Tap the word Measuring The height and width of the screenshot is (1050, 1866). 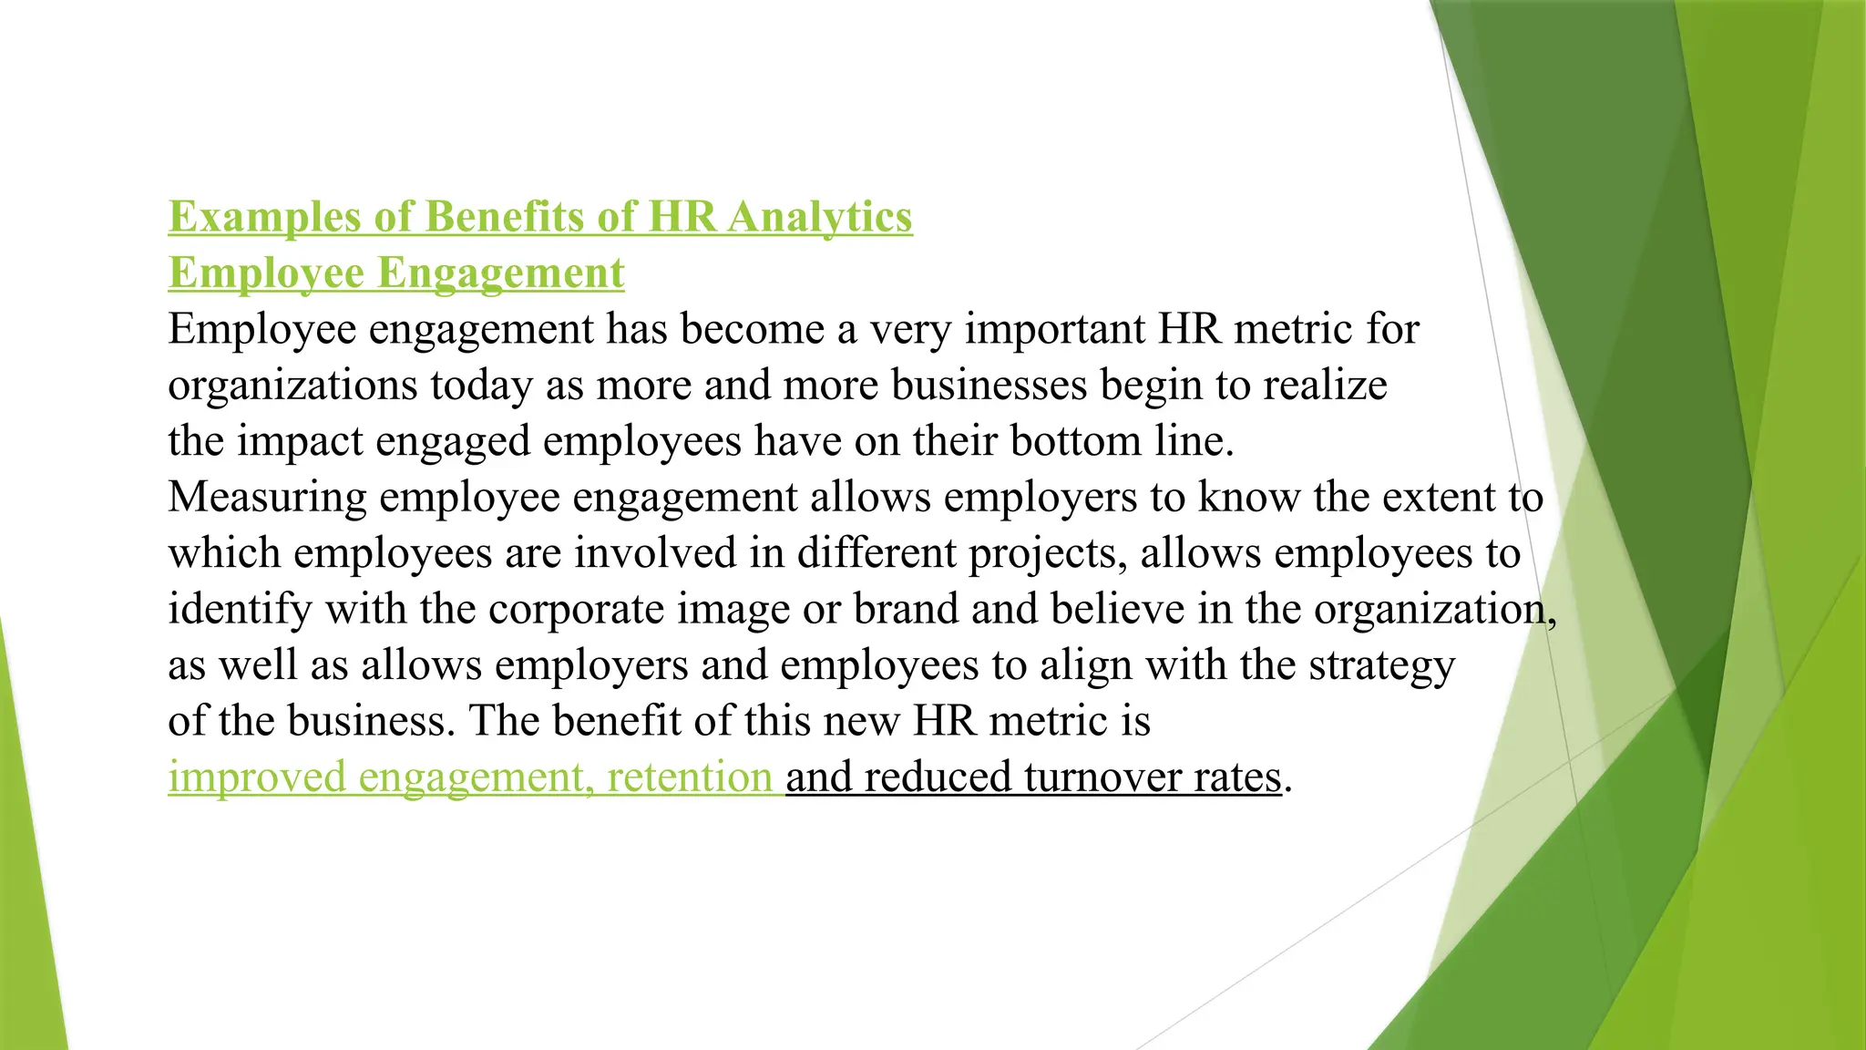pyautogui.click(x=267, y=498)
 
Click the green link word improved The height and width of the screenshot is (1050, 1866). pyautogui.click(x=256, y=777)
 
